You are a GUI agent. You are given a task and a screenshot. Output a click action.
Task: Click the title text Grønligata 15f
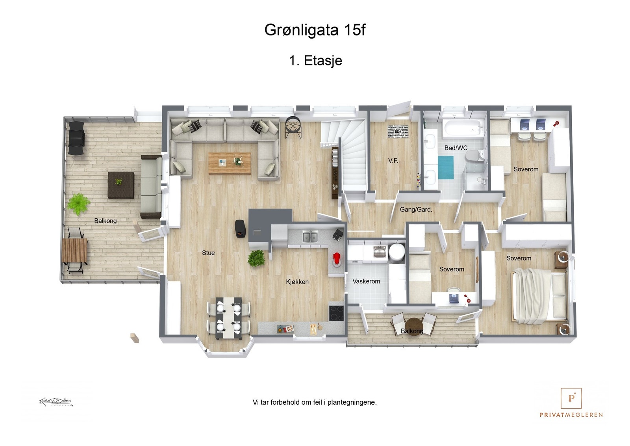[x=315, y=30]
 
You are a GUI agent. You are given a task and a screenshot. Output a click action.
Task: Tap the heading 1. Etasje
[x=315, y=61]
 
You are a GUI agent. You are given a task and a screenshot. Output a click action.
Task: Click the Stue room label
[x=208, y=253]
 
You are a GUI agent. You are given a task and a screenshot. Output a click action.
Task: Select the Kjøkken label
[x=297, y=282]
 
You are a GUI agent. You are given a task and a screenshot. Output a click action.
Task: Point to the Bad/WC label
[x=456, y=148]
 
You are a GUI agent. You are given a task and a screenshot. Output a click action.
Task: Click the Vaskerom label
[x=366, y=281]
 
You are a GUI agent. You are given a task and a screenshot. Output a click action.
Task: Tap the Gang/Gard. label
[x=416, y=210]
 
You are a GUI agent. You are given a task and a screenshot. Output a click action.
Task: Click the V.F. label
[x=393, y=161]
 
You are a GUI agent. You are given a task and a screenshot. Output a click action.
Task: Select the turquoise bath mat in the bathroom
[x=446, y=167]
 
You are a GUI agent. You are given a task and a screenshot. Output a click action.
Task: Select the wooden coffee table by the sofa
[x=229, y=163]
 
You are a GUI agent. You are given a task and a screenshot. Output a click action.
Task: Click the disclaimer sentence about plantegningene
[x=314, y=402]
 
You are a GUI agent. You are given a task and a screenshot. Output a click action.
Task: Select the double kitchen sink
[x=310, y=237]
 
